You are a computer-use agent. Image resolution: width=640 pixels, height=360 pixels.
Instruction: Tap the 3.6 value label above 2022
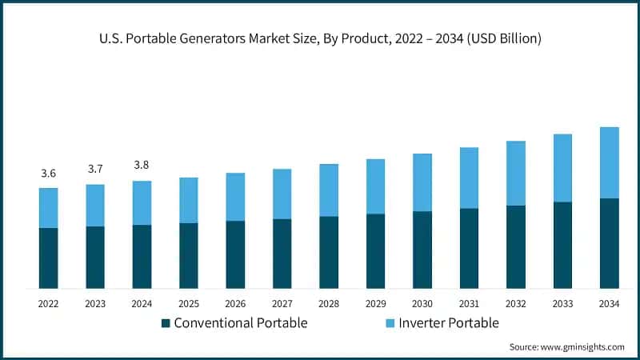click(x=48, y=174)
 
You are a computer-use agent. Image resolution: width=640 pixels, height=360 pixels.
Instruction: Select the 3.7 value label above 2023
click(x=95, y=169)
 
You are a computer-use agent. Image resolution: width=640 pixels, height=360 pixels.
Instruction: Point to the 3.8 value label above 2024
click(x=142, y=165)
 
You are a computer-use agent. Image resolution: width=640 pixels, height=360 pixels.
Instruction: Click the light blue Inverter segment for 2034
click(x=610, y=162)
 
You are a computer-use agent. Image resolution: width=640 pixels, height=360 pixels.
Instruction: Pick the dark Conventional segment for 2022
click(x=48, y=258)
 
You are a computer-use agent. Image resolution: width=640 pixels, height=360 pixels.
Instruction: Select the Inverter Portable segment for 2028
click(x=329, y=190)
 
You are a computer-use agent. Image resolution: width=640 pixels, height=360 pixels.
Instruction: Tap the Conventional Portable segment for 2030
click(x=422, y=250)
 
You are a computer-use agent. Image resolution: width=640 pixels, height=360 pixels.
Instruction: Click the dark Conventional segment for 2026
click(x=235, y=254)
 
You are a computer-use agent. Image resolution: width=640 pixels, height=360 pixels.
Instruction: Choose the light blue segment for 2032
click(x=516, y=174)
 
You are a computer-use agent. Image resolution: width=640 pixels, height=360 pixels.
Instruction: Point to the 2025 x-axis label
click(x=189, y=303)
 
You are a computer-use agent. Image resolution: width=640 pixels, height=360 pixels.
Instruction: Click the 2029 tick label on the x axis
click(x=375, y=303)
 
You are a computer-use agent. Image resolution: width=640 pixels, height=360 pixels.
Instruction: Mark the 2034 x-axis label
click(x=610, y=303)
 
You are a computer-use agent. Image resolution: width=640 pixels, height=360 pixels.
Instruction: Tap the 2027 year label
click(x=282, y=303)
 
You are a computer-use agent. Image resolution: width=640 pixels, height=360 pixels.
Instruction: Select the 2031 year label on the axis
click(x=469, y=303)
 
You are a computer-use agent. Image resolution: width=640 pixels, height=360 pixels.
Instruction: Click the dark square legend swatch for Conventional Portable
click(x=166, y=323)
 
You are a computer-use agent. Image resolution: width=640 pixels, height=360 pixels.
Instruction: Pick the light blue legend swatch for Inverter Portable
click(x=390, y=323)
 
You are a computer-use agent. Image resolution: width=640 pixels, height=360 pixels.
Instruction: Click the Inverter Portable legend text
click(x=449, y=323)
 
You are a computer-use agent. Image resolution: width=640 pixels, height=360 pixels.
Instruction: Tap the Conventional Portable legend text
click(x=240, y=323)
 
